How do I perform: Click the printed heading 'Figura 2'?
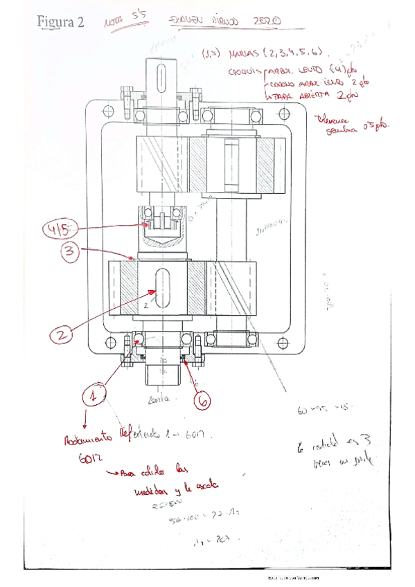(60, 22)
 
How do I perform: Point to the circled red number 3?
(69, 252)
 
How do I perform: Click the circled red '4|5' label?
(60, 228)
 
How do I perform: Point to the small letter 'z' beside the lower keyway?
(147, 302)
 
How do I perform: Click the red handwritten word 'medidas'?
(151, 490)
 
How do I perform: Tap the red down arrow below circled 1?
(86, 419)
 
